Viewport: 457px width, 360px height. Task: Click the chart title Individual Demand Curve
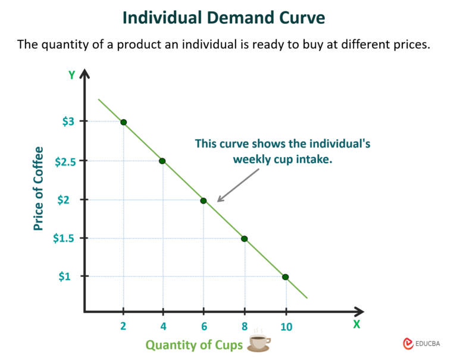tap(224, 18)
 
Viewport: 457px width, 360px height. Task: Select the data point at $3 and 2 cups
tap(124, 122)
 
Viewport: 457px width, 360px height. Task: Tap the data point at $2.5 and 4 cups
tap(162, 161)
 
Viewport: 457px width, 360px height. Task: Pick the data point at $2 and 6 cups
tap(204, 201)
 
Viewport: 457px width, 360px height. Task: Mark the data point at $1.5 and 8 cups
tap(244, 239)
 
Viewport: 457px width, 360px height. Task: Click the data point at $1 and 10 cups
tap(286, 277)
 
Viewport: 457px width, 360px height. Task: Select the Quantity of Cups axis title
tap(194, 345)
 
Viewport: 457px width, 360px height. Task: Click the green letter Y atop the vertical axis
tap(71, 75)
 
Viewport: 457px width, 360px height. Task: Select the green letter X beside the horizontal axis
tap(356, 324)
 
